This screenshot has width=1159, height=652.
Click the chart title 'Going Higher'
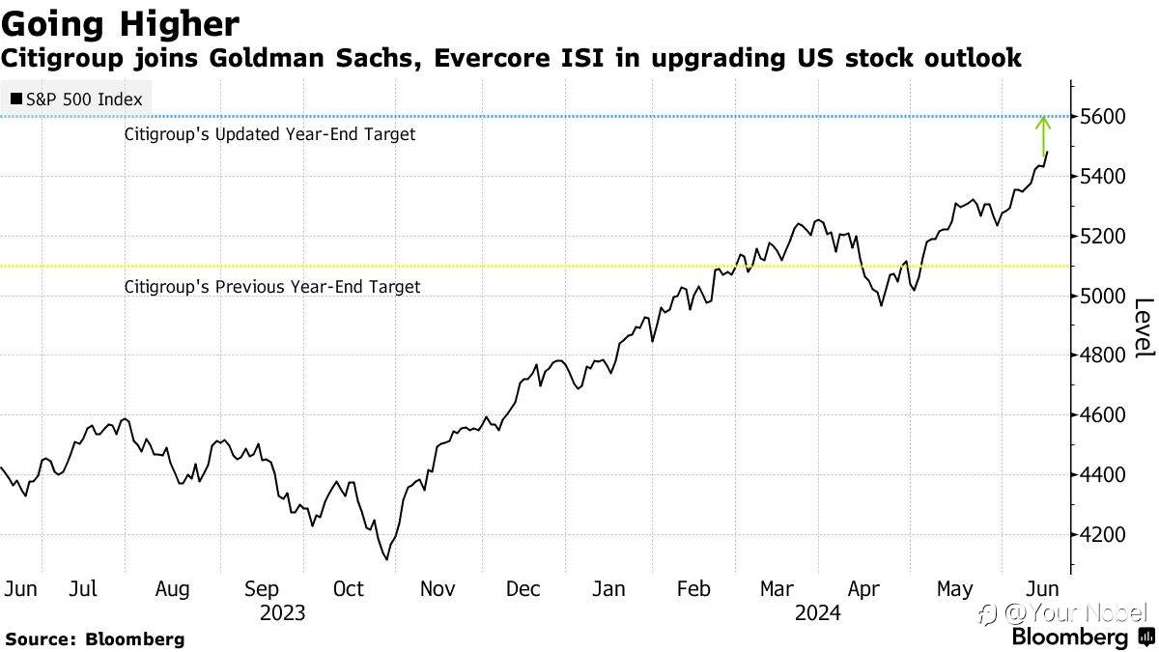[120, 24]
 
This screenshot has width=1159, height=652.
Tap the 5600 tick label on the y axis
[1103, 117]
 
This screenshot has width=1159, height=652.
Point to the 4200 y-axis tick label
[1103, 534]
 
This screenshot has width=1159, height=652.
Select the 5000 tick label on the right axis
[1103, 297]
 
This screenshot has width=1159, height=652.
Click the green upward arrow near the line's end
[1043, 136]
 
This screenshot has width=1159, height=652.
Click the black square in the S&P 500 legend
[16, 99]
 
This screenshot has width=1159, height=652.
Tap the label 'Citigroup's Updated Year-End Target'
[269, 134]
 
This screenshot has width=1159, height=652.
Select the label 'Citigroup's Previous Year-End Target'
[272, 287]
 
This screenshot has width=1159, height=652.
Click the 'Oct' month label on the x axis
[349, 589]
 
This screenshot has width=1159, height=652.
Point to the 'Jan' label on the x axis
[608, 589]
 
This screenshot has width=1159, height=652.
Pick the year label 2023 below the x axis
[282, 613]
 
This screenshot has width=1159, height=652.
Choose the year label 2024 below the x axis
[818, 613]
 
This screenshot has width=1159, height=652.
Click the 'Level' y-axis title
[1144, 327]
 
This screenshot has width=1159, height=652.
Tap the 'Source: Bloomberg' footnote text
[95, 639]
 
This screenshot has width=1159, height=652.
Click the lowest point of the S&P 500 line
[386, 559]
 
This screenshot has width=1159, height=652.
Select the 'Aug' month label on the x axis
[172, 590]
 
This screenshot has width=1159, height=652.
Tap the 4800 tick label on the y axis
[1103, 355]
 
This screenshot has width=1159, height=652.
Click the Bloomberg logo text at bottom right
[1070, 637]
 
